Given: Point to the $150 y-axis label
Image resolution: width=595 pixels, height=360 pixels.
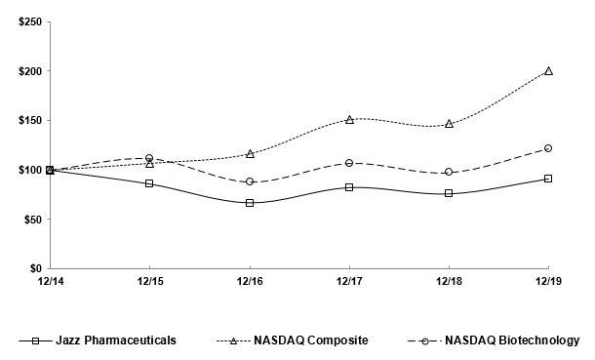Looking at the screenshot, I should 20,121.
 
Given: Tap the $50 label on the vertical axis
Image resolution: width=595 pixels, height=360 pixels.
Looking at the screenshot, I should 23,220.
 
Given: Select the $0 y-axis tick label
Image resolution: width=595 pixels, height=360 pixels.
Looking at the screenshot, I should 27,268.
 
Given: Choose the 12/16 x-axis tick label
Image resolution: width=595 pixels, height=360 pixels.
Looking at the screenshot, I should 250,281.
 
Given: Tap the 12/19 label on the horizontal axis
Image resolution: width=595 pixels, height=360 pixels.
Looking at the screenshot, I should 547,281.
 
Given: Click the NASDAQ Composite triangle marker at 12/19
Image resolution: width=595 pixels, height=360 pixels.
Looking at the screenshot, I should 548,71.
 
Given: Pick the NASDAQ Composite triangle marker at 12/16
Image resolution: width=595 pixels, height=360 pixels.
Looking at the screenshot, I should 251,154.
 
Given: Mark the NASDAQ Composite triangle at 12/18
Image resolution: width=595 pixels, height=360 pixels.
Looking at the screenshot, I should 449,124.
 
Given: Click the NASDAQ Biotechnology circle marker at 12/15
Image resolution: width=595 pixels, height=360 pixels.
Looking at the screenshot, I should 149,158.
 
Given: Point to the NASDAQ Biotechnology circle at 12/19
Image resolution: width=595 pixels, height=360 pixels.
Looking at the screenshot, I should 548,148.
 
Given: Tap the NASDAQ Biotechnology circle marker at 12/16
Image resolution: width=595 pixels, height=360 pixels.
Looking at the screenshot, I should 251,181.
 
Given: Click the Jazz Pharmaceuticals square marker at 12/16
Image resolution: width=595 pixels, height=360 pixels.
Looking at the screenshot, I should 251,203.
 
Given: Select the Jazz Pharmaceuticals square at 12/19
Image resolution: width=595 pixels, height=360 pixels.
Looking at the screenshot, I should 548,179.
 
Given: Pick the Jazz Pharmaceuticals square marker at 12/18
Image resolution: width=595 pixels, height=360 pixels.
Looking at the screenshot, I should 449,193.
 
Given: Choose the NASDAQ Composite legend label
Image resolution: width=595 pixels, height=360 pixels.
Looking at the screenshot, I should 311,340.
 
